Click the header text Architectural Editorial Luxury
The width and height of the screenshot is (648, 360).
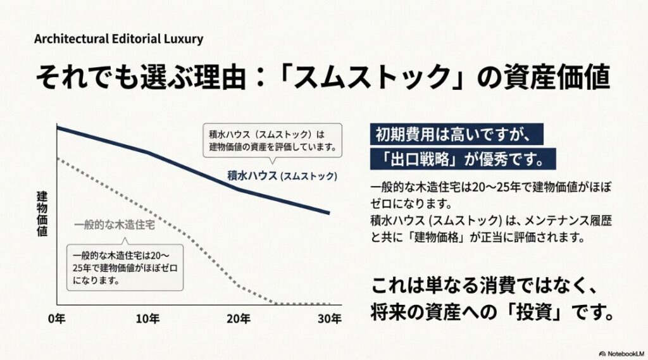pos(119,39)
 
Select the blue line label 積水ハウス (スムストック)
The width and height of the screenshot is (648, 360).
pos(282,175)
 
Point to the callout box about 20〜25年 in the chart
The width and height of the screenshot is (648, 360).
pos(125,267)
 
